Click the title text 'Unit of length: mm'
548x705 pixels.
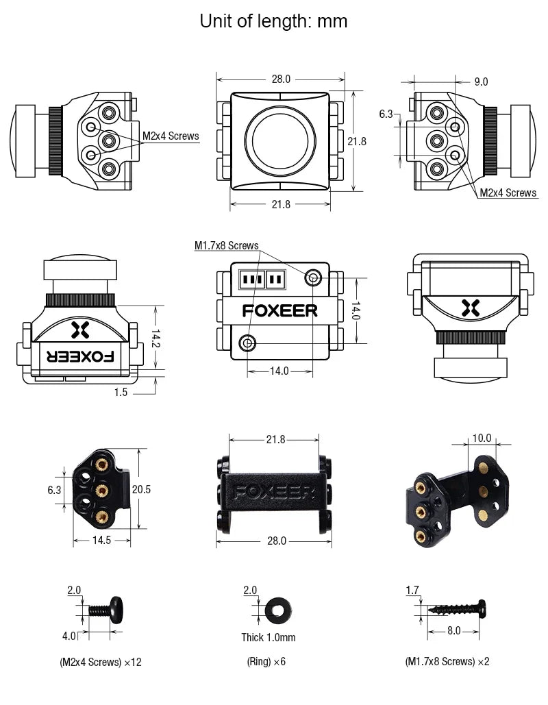(273, 21)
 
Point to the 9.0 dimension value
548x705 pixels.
(481, 82)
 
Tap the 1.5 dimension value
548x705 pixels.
(121, 392)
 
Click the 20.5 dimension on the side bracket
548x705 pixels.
(141, 489)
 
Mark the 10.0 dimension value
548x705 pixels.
(482, 438)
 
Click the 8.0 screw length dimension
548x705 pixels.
(453, 630)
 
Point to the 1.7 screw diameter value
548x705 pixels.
(412, 590)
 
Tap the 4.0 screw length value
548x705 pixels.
(70, 636)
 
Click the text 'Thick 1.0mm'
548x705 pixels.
(269, 637)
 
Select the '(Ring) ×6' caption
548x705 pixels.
(266, 662)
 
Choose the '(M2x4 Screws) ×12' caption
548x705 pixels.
(100, 662)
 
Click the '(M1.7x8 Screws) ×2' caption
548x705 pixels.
(447, 662)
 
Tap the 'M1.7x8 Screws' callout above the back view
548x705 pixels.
(226, 245)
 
